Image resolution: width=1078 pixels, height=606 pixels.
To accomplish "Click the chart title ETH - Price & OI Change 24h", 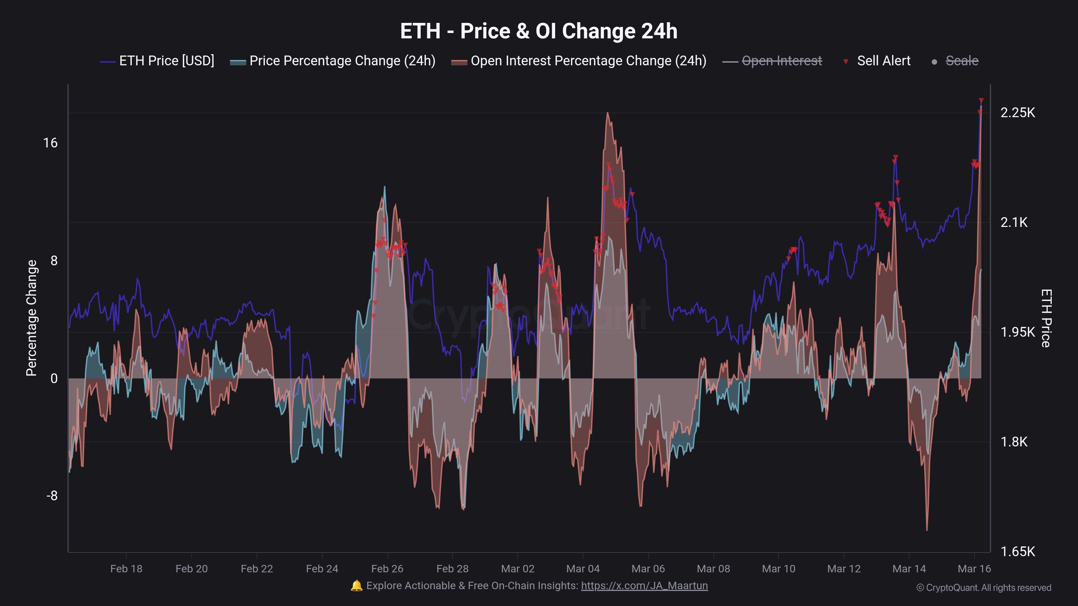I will tap(539, 31).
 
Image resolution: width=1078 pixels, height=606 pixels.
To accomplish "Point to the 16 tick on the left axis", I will tap(50, 143).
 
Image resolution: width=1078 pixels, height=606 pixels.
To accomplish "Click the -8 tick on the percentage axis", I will tap(52, 496).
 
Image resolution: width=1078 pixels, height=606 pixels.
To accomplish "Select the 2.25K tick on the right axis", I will tap(1017, 112).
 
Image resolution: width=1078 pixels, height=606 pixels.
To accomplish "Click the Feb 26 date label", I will tap(387, 569).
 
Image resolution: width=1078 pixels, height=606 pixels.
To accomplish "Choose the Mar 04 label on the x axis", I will tap(582, 569).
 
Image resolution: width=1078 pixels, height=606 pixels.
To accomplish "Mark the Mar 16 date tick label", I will tap(974, 569).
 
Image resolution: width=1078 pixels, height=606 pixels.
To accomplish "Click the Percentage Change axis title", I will tap(31, 318).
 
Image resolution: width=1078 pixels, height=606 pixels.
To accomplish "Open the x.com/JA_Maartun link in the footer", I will tap(644, 585).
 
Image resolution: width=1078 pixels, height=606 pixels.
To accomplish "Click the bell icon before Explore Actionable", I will tap(356, 585).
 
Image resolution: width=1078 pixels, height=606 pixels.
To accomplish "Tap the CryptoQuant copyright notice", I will tap(983, 587).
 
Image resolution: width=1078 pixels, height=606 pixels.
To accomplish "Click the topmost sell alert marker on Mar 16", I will tap(981, 101).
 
